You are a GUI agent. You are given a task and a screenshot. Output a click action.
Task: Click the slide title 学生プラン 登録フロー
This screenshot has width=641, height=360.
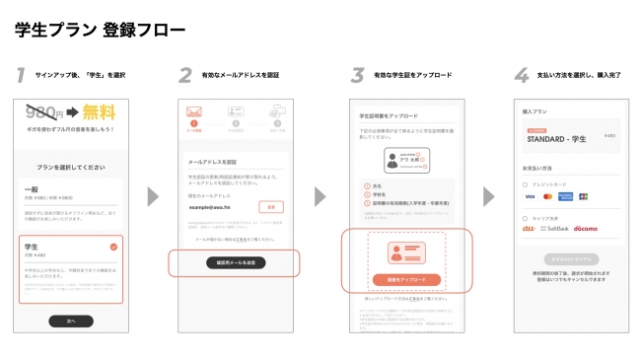(100, 29)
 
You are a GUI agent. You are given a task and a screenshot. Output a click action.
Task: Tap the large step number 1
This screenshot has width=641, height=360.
(21, 76)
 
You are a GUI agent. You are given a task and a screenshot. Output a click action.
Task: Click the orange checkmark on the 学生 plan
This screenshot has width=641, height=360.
(114, 247)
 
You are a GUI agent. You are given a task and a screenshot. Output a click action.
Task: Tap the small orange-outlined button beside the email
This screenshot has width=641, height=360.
(270, 207)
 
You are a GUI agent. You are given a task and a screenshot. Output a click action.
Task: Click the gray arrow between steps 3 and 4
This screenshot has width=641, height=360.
(488, 196)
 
